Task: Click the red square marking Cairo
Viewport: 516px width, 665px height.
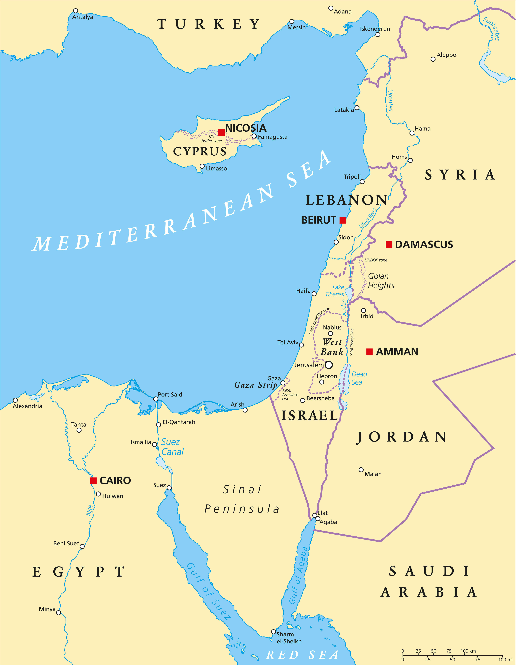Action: click(x=93, y=481)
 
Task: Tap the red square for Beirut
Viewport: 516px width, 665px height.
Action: click(x=343, y=220)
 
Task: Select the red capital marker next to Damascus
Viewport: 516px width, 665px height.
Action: click(x=389, y=245)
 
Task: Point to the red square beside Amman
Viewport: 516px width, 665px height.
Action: click(x=370, y=352)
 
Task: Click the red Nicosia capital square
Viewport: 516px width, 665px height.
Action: click(x=221, y=132)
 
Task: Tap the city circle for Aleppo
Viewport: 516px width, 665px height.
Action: click(x=433, y=59)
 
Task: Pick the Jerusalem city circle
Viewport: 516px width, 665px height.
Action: click(x=329, y=365)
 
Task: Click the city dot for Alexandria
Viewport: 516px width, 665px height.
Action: click(x=15, y=400)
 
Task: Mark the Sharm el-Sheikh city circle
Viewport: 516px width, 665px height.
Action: click(x=274, y=632)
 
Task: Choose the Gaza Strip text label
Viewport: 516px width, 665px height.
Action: click(x=256, y=385)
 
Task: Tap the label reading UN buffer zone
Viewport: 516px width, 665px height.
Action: click(x=212, y=139)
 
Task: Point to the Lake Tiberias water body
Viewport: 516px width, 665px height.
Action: click(x=349, y=293)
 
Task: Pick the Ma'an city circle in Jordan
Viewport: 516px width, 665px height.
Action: click(x=361, y=470)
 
